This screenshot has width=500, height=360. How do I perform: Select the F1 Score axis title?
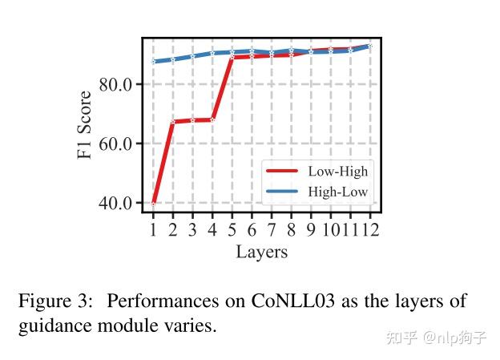pos(86,124)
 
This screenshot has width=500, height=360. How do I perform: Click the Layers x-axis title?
pos(261,252)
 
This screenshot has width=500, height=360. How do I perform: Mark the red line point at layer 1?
pos(153,203)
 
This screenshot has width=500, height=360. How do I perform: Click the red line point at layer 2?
pos(173,122)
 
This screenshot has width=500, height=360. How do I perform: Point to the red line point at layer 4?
pos(212,119)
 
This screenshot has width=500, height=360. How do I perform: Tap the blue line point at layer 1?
pos(153,62)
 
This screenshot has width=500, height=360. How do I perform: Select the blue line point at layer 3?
pos(192,56)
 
